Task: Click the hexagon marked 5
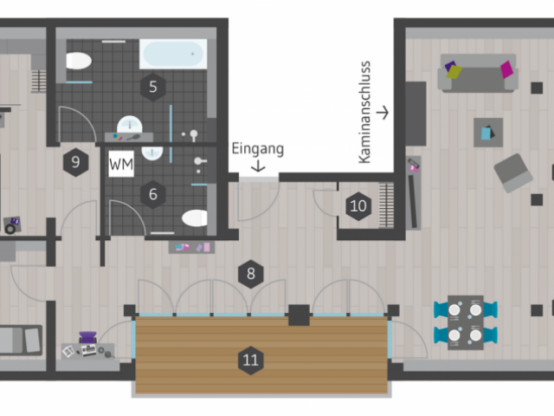tap(153, 87)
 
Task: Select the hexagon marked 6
tap(153, 194)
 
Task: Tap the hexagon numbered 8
tap(251, 274)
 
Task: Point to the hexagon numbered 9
tap(75, 162)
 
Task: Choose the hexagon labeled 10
tap(358, 206)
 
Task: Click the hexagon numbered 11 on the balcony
tap(251, 361)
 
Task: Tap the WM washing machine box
tap(121, 164)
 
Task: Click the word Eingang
tap(258, 149)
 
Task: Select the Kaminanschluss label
tap(364, 113)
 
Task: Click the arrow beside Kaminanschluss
tap(383, 113)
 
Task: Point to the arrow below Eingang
tap(258, 166)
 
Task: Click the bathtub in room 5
tap(173, 54)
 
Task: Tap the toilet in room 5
tap(79, 61)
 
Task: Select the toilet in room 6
tap(195, 218)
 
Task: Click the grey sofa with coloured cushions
tap(478, 73)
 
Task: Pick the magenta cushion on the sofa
tap(507, 69)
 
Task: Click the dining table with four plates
tap(466, 322)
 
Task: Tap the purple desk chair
tap(88, 337)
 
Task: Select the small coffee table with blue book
tap(488, 133)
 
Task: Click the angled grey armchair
tap(513, 173)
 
